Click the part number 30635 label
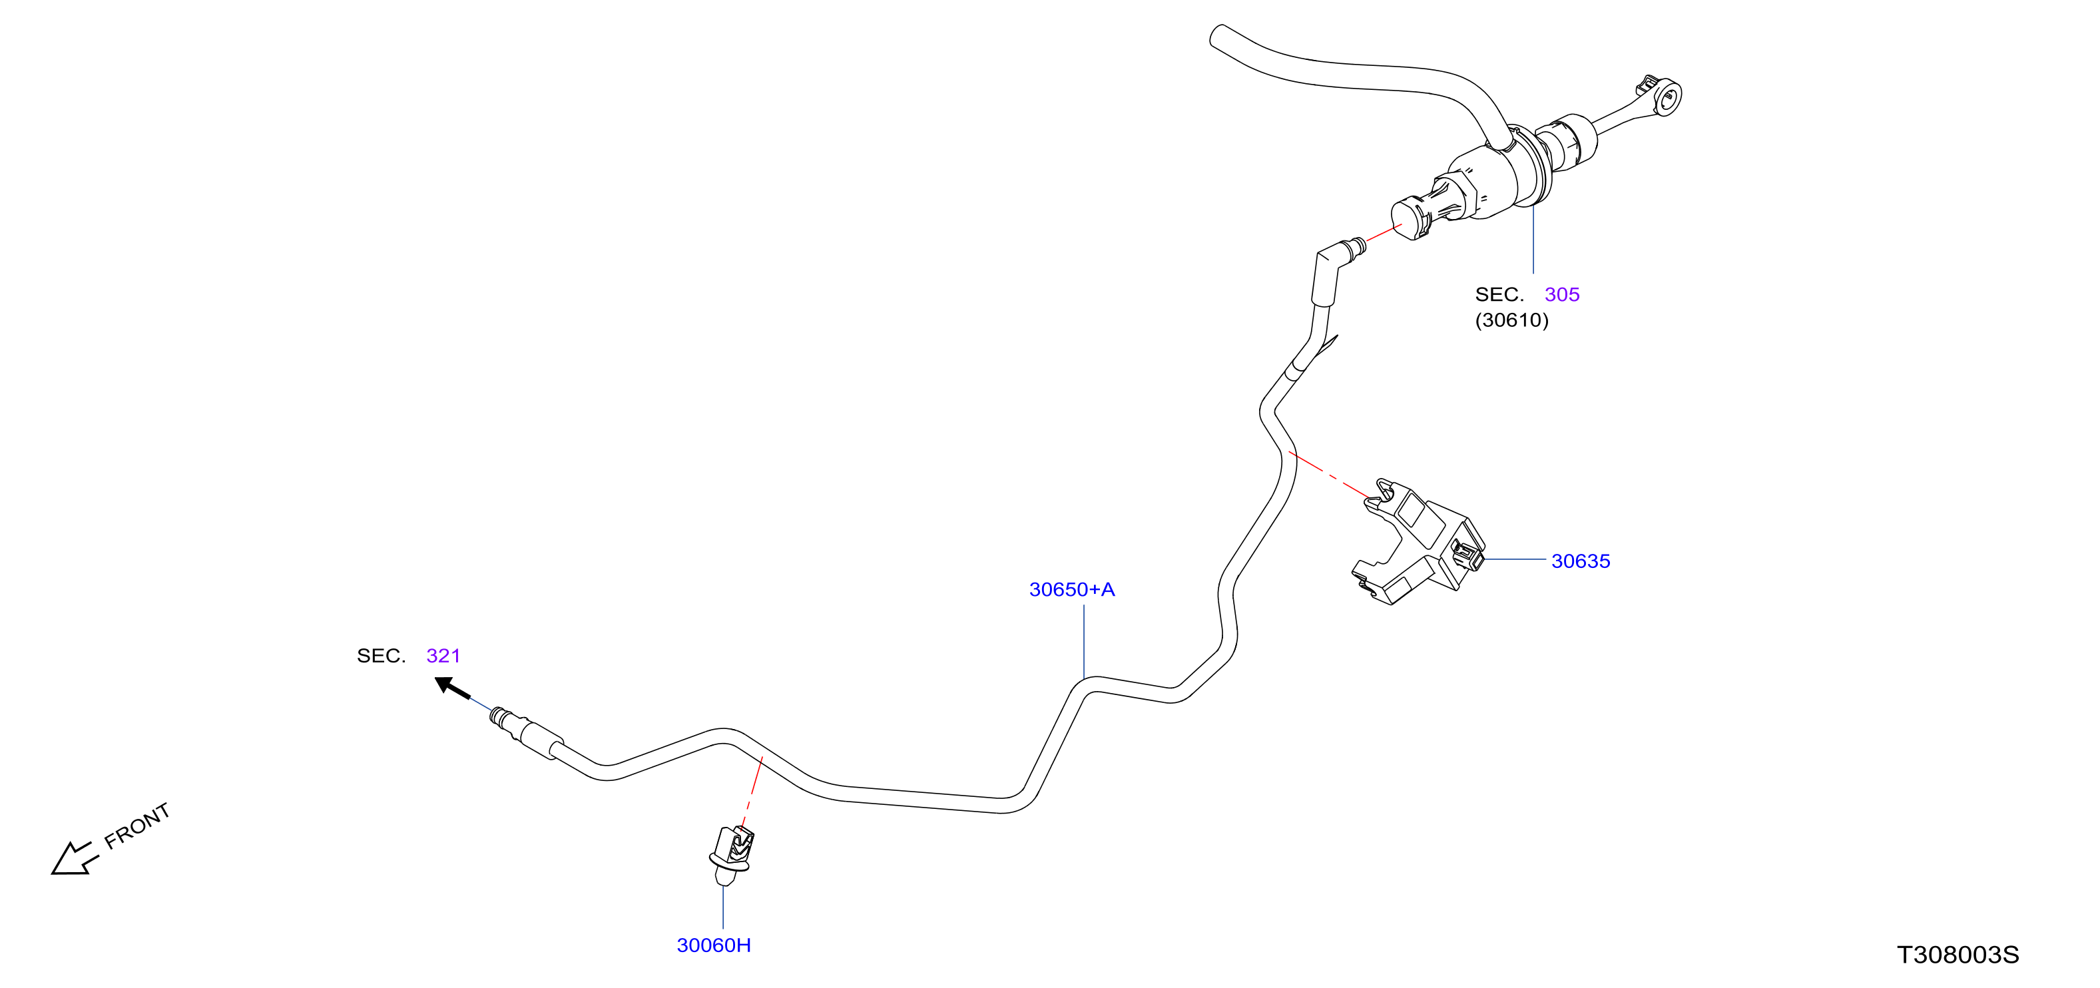tap(1580, 561)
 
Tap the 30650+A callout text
tap(1071, 589)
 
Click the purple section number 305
tap(1562, 294)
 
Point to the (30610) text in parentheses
tap(1511, 320)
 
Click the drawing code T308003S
tap(1958, 955)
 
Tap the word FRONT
tap(137, 825)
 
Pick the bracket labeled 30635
tap(1418, 542)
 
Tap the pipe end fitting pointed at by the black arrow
tap(526, 732)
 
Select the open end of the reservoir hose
tap(1218, 37)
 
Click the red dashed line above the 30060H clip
tap(752, 792)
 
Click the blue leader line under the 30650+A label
tap(1083, 642)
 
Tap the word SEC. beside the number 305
tap(1499, 294)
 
